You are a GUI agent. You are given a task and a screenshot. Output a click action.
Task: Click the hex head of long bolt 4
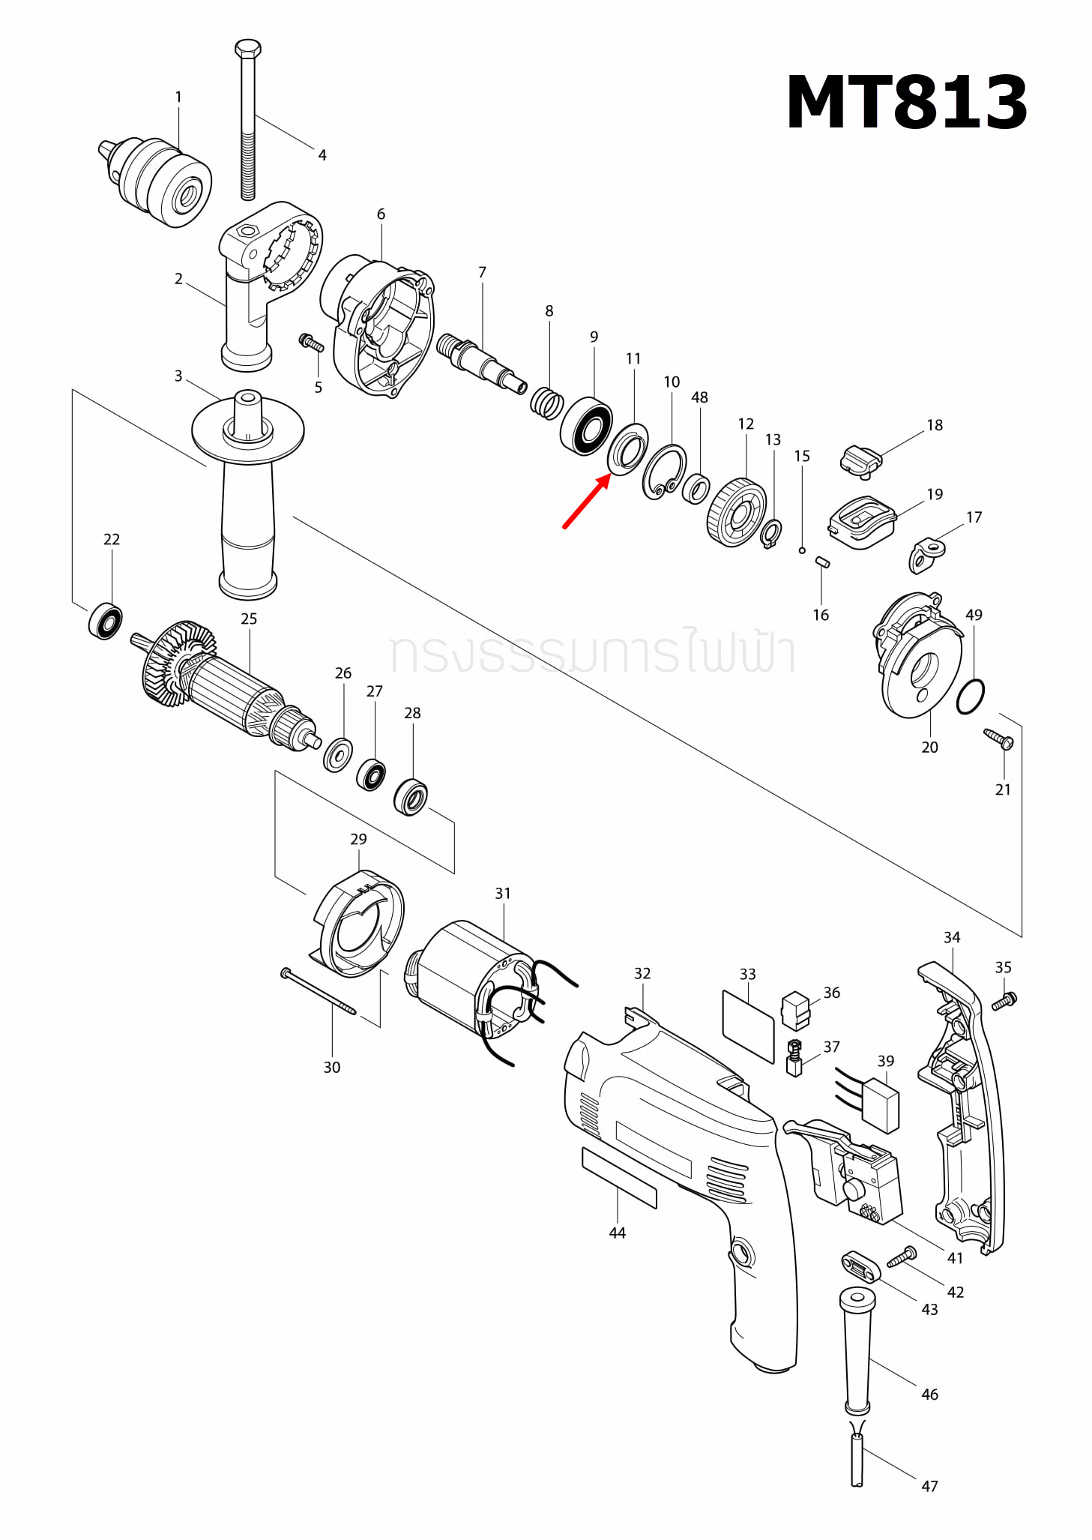(x=248, y=50)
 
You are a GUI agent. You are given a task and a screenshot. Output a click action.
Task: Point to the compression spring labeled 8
(x=546, y=403)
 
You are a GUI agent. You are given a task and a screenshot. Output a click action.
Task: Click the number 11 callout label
(x=633, y=358)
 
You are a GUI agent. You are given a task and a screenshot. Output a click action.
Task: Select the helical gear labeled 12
(x=736, y=513)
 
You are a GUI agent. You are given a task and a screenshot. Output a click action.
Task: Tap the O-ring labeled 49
(x=971, y=697)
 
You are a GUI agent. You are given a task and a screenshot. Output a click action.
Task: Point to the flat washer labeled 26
(x=338, y=754)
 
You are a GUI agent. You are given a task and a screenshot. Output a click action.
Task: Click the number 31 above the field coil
(x=502, y=893)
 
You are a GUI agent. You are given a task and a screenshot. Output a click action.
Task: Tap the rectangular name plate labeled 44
(x=619, y=1177)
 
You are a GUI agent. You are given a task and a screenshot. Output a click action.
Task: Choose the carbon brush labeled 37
(x=794, y=1057)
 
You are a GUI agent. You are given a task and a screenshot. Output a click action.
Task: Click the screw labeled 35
(x=1004, y=1000)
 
